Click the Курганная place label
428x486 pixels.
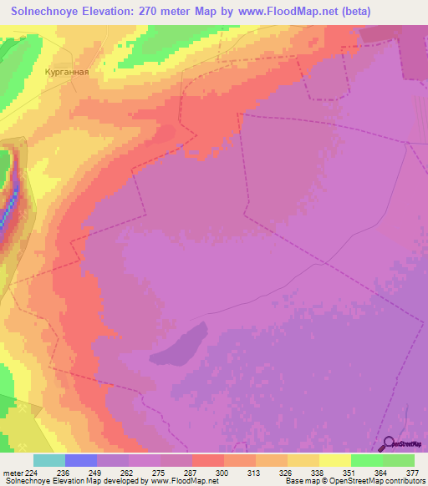click(67, 72)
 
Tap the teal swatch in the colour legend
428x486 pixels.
click(49, 460)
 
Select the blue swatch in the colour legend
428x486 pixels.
click(81, 460)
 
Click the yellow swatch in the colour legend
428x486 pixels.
click(335, 460)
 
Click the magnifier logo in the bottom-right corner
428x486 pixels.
click(388, 443)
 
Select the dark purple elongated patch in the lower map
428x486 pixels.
click(179, 344)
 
